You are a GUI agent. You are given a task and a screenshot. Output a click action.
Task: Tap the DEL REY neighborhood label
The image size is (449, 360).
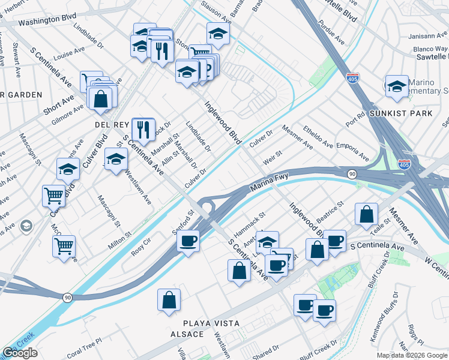112,124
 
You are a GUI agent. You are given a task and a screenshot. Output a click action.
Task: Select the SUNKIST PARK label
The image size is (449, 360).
393,112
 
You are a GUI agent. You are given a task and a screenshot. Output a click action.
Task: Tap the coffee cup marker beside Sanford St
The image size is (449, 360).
188,241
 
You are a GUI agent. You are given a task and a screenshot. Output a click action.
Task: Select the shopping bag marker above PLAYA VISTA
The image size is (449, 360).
169,299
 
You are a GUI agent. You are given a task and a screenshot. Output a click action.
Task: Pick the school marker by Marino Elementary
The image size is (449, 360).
397,86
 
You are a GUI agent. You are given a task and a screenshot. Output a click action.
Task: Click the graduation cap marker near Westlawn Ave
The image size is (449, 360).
116,159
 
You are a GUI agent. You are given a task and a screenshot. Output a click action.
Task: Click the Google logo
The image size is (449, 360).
20,353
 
